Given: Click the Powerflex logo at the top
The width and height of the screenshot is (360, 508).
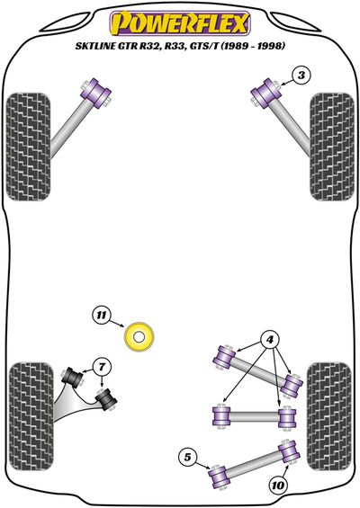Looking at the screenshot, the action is (180, 23).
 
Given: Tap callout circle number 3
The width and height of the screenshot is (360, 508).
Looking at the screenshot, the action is (301, 76).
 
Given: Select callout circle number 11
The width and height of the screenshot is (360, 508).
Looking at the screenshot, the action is (102, 315).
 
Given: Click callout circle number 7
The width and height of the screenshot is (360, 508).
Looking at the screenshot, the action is (102, 367).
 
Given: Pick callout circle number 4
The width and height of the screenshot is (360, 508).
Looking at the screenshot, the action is (270, 340).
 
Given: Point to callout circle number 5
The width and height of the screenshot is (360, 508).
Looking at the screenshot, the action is (187, 457).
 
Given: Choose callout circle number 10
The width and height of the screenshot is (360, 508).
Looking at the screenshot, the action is (277, 486).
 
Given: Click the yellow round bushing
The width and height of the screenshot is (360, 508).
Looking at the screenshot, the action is (139, 336).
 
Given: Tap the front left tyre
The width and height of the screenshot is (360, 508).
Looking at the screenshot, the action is (28, 147).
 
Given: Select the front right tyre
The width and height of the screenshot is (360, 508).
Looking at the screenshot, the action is (331, 147).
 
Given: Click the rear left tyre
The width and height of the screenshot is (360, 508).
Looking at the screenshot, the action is (31, 416).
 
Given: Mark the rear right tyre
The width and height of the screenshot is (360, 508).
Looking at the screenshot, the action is (329, 416).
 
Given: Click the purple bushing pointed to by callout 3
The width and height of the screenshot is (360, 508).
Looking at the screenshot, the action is (266, 93).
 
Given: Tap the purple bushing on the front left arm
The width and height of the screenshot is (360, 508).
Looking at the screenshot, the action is (95, 93).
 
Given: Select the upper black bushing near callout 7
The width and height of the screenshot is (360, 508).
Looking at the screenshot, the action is (72, 378).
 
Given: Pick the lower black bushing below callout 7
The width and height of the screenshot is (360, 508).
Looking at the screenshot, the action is (106, 400).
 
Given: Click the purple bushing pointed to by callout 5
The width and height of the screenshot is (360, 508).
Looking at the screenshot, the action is (218, 477).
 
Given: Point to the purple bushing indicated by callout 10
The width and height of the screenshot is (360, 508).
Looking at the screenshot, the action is (289, 451).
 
